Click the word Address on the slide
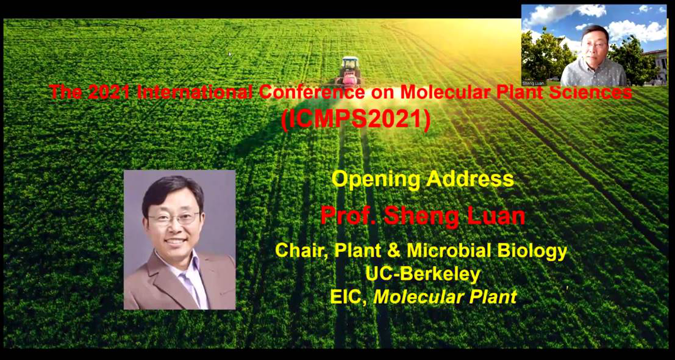pos(470,179)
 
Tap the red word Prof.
pos(348,216)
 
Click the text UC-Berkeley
pos(423,275)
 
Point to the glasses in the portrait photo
pos(174,218)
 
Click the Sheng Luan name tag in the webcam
pos(530,83)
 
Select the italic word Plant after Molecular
pos(493,298)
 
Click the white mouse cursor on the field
pos(230,54)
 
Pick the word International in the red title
pos(196,92)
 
